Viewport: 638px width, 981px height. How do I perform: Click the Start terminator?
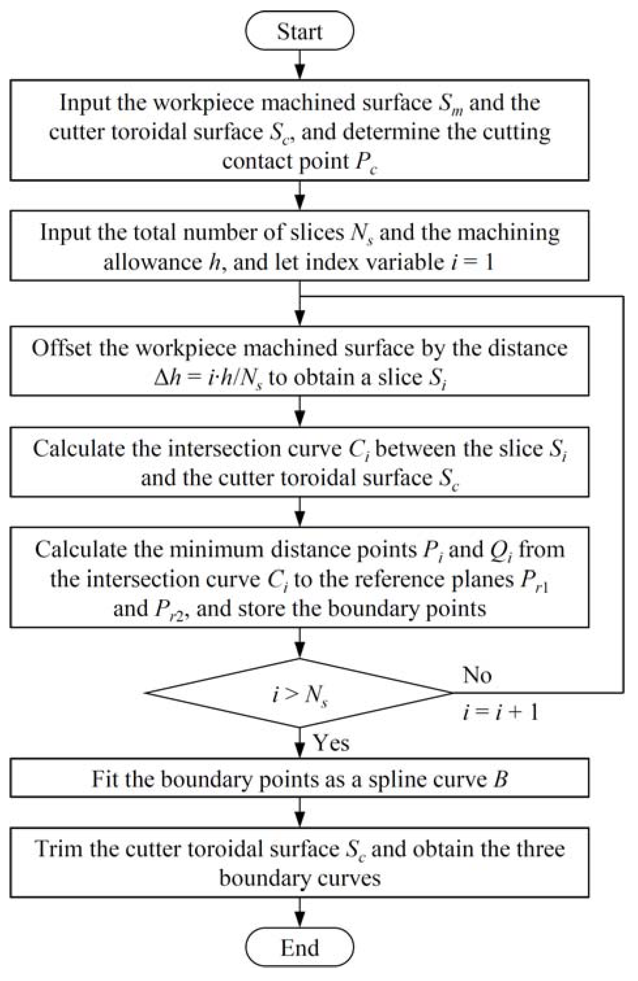coord(299,31)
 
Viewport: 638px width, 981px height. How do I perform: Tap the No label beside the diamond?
coord(477,675)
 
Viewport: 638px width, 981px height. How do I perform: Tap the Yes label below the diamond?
coord(331,743)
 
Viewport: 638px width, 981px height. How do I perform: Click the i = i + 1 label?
coord(500,712)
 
